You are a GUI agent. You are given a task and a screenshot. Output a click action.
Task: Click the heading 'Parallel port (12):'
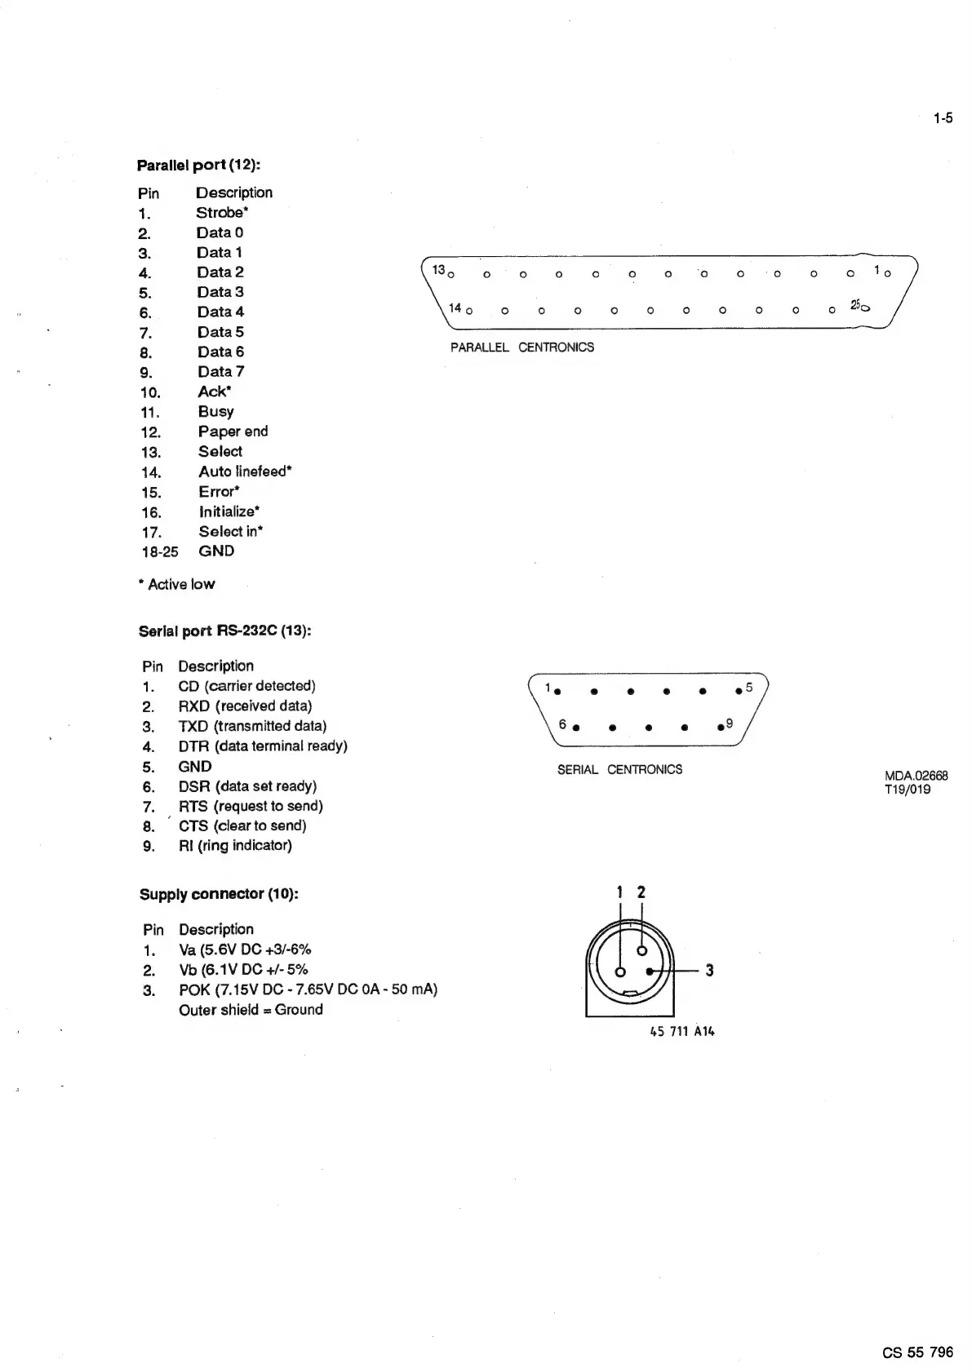[x=198, y=165]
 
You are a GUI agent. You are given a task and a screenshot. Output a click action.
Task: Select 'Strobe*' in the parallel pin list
[x=221, y=212]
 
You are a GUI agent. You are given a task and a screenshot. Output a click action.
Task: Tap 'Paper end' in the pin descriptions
[x=233, y=432]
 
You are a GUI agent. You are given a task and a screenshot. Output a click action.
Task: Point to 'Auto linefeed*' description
[x=245, y=471]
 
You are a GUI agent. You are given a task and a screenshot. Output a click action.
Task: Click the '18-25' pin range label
[x=159, y=551]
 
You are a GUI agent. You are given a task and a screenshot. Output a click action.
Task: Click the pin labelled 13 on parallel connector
[x=451, y=274]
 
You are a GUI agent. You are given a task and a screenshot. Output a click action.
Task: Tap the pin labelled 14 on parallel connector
[x=468, y=311]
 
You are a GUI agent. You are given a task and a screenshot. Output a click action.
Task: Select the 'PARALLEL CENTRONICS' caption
[x=522, y=347]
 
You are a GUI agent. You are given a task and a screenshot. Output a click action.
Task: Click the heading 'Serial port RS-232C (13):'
[x=225, y=631]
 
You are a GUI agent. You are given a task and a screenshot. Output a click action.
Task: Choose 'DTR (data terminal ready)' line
[x=263, y=746]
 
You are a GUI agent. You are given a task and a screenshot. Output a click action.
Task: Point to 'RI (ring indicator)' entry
[x=235, y=845]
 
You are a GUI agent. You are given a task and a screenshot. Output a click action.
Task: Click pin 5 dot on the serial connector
[x=738, y=692]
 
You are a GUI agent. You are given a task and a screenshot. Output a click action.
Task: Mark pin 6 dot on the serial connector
[x=575, y=728]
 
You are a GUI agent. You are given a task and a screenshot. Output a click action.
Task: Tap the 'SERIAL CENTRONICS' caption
[x=619, y=769]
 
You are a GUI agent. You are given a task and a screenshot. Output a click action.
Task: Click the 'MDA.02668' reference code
[x=916, y=776]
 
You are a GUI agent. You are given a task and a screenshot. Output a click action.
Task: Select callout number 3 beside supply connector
[x=709, y=971]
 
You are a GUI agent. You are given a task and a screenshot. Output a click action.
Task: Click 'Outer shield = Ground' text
[x=251, y=1010]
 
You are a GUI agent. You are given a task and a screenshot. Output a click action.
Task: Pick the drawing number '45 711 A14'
[x=681, y=1032]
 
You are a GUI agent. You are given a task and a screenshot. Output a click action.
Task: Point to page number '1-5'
[x=943, y=118]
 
